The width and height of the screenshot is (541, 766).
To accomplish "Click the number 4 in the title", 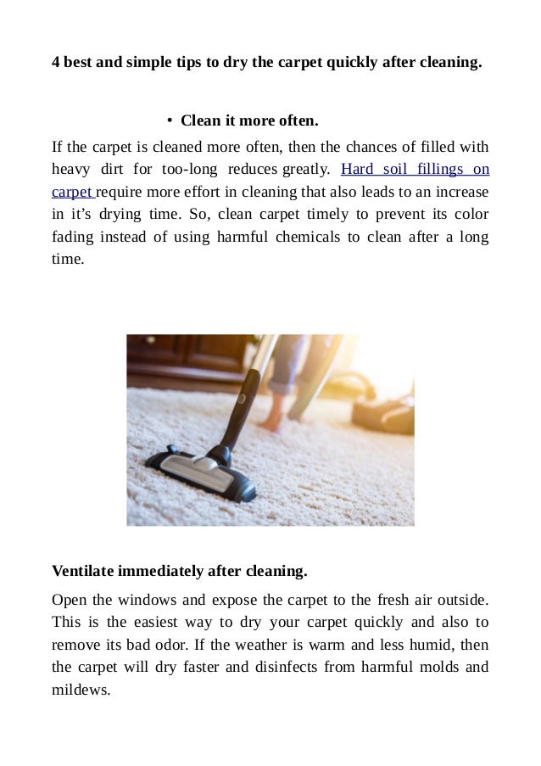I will click(x=56, y=62).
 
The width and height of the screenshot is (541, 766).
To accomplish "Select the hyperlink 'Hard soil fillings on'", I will click(x=414, y=169).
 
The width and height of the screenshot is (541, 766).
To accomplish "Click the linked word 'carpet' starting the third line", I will click(x=71, y=192).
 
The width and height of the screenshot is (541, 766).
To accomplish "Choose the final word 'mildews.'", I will click(x=81, y=690).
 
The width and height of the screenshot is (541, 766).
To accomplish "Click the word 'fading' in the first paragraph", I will click(x=71, y=237).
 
